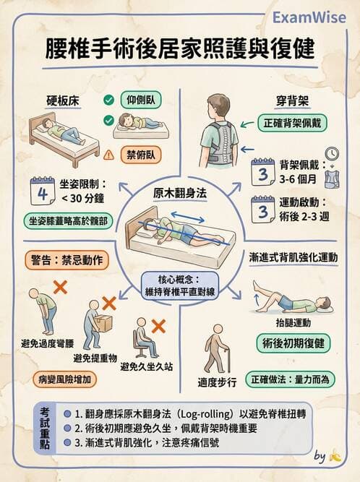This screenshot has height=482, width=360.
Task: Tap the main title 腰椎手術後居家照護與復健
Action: pos(181,49)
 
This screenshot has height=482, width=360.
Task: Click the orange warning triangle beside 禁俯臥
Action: pos(109,153)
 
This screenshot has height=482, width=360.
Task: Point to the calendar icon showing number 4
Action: pos(43,192)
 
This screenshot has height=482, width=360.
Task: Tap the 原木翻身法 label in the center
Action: pos(180,193)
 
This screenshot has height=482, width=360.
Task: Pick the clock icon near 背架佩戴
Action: pos(332,154)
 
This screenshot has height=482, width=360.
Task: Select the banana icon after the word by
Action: pos(335,456)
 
